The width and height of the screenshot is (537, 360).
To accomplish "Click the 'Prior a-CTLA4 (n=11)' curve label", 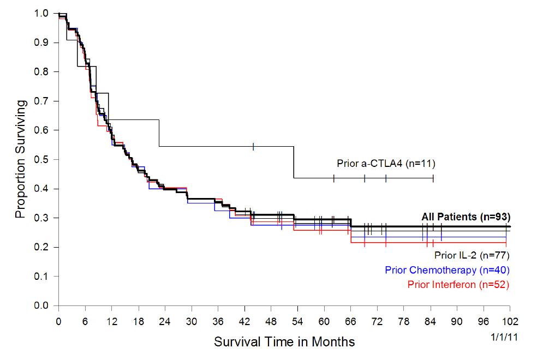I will pos(385,163).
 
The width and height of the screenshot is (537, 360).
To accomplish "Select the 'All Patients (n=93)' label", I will pos(466,217).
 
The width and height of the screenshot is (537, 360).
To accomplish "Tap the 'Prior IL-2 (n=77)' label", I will pos(472,255).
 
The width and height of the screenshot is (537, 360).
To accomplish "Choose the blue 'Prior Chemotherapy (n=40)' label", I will pos(448,270).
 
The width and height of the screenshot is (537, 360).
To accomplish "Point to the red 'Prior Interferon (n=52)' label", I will pos(458,284).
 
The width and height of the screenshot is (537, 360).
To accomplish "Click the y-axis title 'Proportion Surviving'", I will pos(20,159).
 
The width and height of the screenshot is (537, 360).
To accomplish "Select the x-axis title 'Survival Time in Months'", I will pos(284,343).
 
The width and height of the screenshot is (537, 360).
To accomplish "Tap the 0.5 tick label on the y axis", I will pos(42,160).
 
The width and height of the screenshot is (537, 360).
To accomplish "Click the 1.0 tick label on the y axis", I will pos(42,13).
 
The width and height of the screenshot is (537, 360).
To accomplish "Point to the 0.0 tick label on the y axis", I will pos(42,306).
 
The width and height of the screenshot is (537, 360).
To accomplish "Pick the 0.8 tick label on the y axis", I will pos(42,72).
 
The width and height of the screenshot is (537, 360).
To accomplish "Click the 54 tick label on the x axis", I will pos(297,321).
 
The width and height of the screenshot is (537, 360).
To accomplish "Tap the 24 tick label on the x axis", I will pos(165,321).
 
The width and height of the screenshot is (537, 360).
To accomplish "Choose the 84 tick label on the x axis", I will pos(430,321).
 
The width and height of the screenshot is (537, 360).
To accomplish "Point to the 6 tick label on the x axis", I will pos(85,321).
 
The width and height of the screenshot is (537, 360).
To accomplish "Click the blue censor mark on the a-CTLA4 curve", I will pos(254,146).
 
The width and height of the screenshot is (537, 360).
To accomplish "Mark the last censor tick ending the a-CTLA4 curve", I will pos(433,178).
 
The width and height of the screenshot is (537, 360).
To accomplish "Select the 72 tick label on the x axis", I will pos(377,321).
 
